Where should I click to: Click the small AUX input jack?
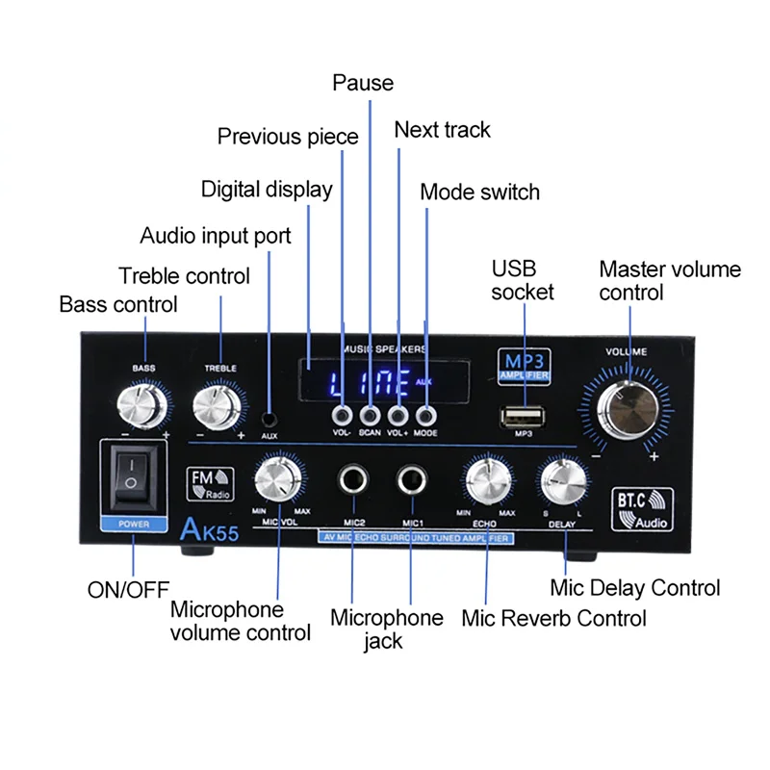pos(270,419)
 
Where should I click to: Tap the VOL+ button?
pos(398,416)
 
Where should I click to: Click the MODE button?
pos(425,416)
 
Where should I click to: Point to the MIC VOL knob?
pos(277,477)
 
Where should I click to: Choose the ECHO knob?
pos(487,478)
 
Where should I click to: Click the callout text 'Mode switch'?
pos(479,192)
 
